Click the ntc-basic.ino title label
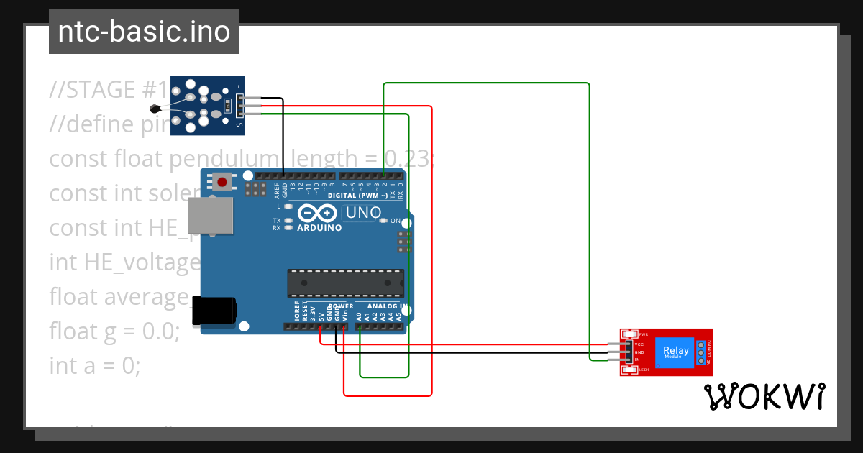pos(144,32)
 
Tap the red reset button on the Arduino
pos(222,182)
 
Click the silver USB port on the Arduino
pos(211,216)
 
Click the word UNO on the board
pos(363,213)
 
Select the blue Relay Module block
pos(675,352)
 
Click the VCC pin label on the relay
pos(639,345)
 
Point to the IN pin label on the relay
pos(637,359)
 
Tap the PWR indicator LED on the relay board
pos(630,334)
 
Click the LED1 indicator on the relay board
pos(630,370)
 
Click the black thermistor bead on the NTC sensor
pos(155,109)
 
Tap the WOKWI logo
pos(764,397)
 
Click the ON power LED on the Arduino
pos(384,221)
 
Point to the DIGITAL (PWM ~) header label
pos(357,196)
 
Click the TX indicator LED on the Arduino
pos(288,221)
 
